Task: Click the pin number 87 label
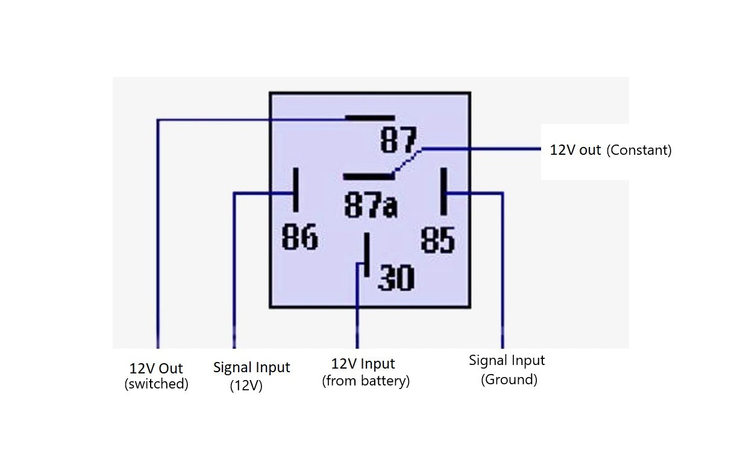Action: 398,140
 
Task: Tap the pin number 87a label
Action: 371,205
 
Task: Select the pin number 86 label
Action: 299,237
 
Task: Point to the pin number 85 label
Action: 437,240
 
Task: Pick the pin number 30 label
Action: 396,278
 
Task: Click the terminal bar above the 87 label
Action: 369,117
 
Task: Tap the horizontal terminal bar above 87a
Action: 368,176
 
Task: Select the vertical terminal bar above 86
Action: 295,190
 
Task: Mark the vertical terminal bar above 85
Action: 443,191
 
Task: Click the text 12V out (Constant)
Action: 610,150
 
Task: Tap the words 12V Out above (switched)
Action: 156,369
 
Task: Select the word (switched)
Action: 156,384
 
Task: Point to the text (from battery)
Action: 366,381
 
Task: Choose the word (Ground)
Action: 509,379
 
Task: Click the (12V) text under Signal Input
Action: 246,386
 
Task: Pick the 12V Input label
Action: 363,364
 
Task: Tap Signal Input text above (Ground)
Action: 507,360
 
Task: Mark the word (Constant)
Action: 639,150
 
